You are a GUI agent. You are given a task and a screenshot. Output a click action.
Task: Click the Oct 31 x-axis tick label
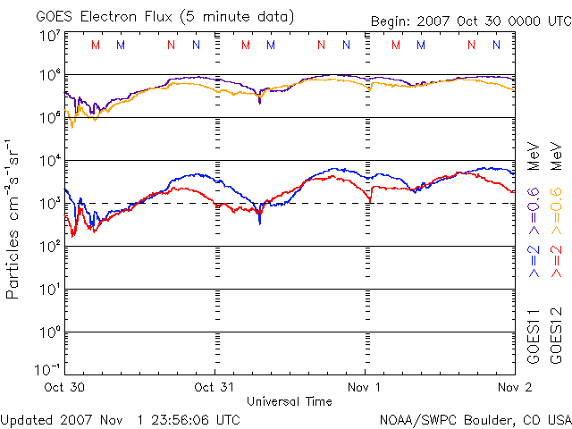coord(214,388)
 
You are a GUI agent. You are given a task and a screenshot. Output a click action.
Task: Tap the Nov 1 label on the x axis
coord(365,388)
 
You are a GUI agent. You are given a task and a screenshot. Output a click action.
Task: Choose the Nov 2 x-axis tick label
coord(515,388)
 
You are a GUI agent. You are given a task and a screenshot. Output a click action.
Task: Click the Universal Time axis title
coord(288,401)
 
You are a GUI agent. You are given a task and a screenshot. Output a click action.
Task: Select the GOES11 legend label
coord(534,335)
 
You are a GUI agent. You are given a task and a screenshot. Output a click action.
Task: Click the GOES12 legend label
coord(556,335)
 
